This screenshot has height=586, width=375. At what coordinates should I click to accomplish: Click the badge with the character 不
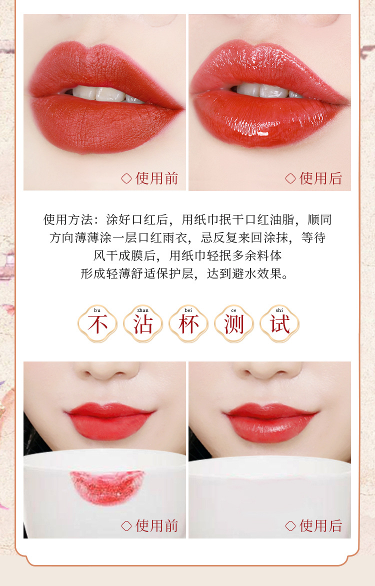click(x=97, y=323)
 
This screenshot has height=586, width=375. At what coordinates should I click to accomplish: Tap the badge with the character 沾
click(x=143, y=323)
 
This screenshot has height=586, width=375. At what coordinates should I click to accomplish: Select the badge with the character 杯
click(x=188, y=323)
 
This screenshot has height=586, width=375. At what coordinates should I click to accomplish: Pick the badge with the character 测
click(x=234, y=323)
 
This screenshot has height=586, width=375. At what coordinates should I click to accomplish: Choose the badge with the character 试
click(x=279, y=323)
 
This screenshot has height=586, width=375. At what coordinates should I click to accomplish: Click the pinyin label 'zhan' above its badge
click(x=143, y=310)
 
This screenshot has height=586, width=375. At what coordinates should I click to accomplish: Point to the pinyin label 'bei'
click(x=188, y=310)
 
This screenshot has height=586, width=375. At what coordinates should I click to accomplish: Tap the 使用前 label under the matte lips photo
click(x=156, y=178)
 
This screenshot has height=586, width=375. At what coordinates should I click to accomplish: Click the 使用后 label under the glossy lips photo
click(x=321, y=178)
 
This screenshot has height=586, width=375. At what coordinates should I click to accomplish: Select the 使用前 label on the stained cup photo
click(x=156, y=526)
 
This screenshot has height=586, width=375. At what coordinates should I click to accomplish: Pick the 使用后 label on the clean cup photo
click(x=321, y=526)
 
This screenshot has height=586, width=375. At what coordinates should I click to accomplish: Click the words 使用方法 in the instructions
click(x=68, y=220)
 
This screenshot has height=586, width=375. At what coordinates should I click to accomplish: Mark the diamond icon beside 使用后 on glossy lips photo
click(x=290, y=178)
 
